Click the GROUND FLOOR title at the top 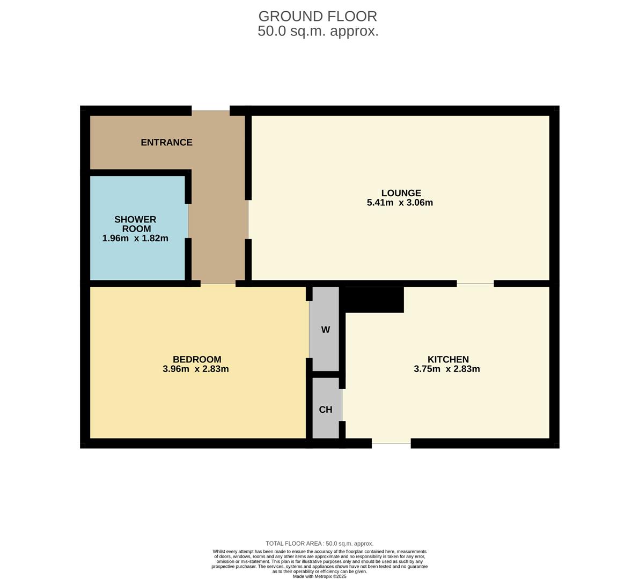(x=318, y=16)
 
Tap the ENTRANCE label (x=167, y=143)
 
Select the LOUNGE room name (x=401, y=193)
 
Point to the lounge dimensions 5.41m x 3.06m (x=400, y=202)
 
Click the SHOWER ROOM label (x=136, y=224)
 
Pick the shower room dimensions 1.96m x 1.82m (x=135, y=238)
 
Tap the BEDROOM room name (x=197, y=360)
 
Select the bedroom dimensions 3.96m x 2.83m (x=196, y=369)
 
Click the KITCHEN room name (x=448, y=360)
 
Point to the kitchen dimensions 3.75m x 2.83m (x=446, y=369)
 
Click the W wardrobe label (x=325, y=330)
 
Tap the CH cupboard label (x=326, y=410)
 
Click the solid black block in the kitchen (x=372, y=300)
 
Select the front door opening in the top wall (x=211, y=110)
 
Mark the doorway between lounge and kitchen (x=475, y=284)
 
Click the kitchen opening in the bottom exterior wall (x=391, y=443)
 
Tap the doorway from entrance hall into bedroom (x=218, y=284)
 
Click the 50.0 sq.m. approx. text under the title (x=318, y=31)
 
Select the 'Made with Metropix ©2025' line (x=320, y=576)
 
